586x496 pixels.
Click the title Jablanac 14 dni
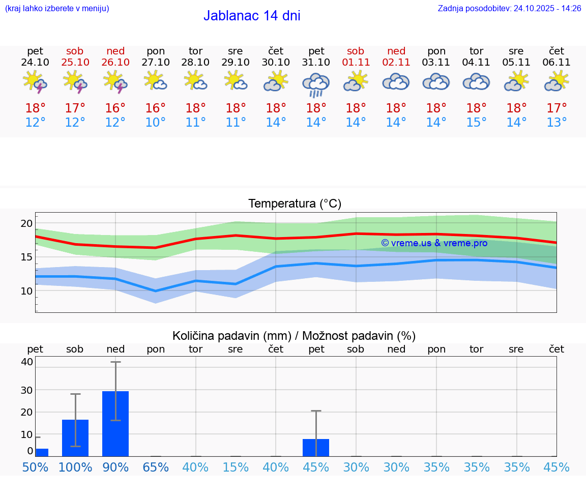(x=252, y=16)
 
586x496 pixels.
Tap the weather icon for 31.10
(x=316, y=84)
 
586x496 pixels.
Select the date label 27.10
(x=156, y=62)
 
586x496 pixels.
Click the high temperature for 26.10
(x=115, y=108)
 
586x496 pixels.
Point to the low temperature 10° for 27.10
(x=156, y=123)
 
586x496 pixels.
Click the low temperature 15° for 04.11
(x=476, y=123)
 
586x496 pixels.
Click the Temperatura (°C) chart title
(x=295, y=203)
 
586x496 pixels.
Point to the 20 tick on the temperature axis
(x=26, y=223)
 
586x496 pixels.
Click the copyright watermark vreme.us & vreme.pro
(x=434, y=243)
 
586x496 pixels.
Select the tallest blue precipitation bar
(x=115, y=423)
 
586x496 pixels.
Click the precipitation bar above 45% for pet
(x=316, y=447)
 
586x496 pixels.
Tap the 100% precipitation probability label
(x=75, y=467)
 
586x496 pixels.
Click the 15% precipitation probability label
(x=236, y=467)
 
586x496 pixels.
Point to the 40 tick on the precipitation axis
(x=27, y=362)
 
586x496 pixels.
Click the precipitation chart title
(x=294, y=336)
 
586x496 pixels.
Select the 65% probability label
(x=156, y=467)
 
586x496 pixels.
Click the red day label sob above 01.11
(x=356, y=51)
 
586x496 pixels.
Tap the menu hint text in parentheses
(x=57, y=8)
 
